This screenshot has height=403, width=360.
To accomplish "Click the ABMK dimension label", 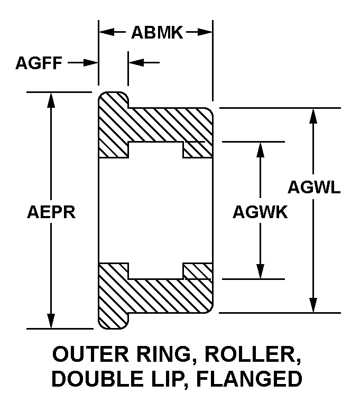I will [156, 33].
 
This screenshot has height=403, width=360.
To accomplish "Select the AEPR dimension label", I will [51, 212].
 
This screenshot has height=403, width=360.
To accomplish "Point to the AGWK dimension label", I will [260, 212].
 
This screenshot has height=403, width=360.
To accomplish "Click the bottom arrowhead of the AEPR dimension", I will [51, 322].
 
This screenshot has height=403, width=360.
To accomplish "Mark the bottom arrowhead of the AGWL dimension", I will [313, 306].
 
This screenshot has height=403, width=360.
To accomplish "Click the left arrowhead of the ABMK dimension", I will [106, 32].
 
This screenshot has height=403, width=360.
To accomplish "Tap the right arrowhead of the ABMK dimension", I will [206, 32].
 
